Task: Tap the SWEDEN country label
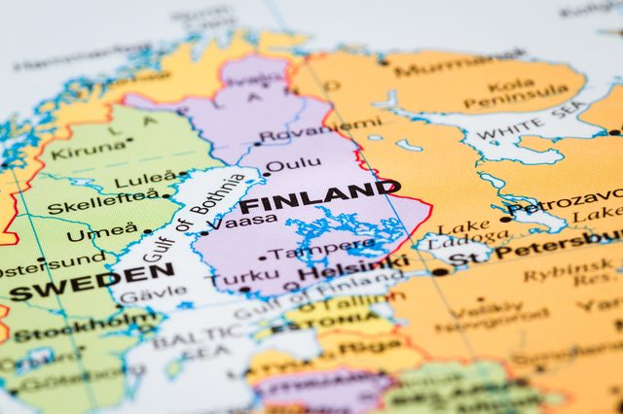92,282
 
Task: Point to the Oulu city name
293,166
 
